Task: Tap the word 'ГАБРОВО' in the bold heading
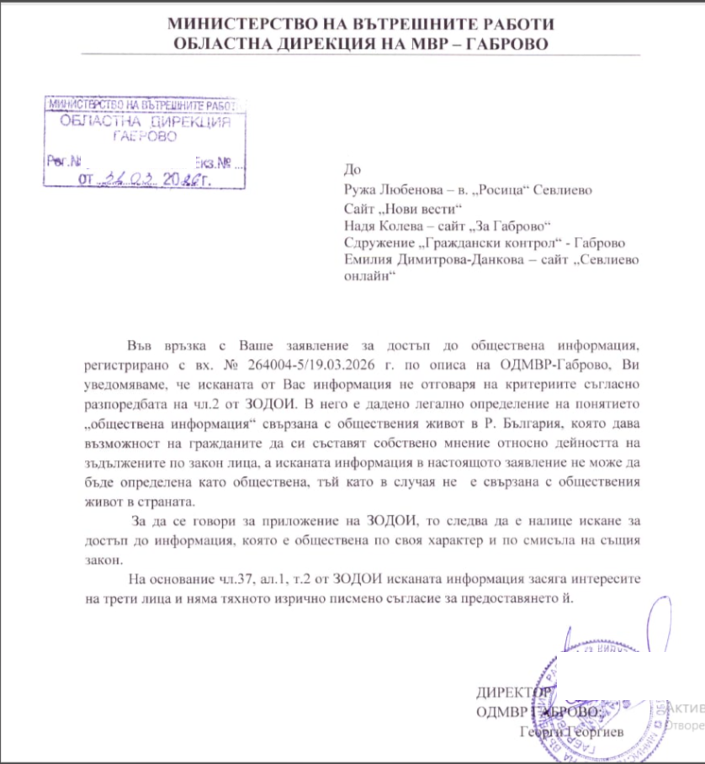[504, 43]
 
